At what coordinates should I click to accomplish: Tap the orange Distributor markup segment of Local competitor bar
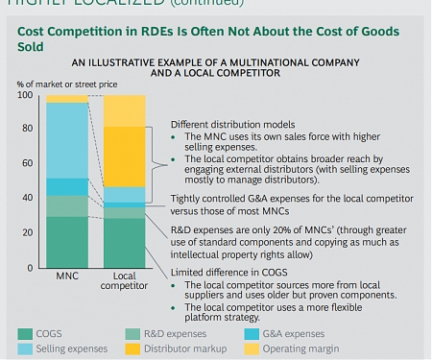click(125, 156)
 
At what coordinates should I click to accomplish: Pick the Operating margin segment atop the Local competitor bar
click(125, 110)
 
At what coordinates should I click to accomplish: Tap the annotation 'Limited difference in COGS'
click(231, 274)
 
